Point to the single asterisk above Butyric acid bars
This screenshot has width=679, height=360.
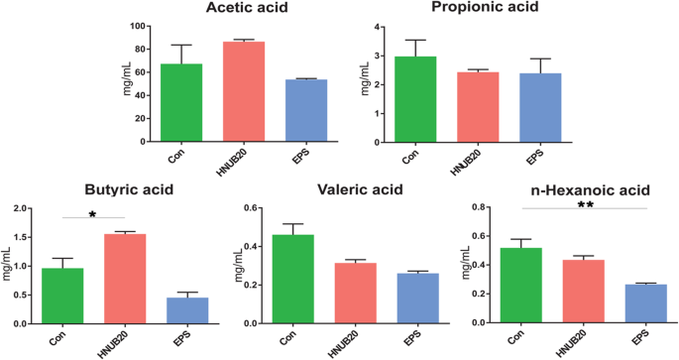pos(92,213)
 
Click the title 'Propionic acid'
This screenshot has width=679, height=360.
pos(485,8)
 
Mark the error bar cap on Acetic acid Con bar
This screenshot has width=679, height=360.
pos(182,45)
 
